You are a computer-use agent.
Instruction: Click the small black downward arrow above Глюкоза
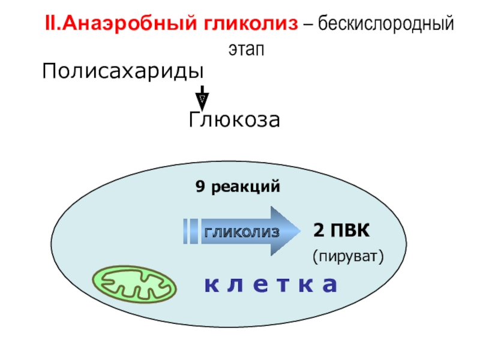203,97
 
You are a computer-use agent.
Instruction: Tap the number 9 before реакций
200,187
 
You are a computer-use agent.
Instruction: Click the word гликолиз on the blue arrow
242,232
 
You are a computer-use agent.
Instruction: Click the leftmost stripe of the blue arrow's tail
185,232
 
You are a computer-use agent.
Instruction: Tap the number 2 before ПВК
320,230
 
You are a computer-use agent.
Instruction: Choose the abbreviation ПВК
351,230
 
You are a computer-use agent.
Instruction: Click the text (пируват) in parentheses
347,256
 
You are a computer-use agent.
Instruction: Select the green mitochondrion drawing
134,283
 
